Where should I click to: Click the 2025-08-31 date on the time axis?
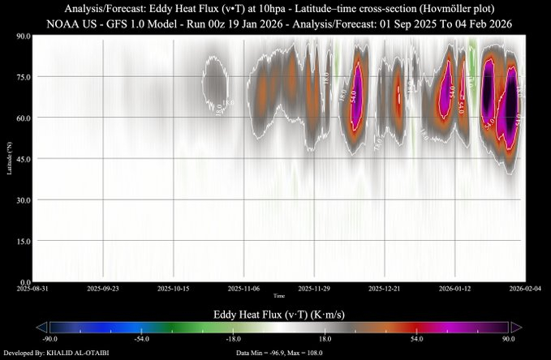[x=33, y=288]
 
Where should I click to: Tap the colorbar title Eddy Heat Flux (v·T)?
[x=275, y=312]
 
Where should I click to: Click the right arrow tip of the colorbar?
[x=518, y=326]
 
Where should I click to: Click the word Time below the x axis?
[x=278, y=295]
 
